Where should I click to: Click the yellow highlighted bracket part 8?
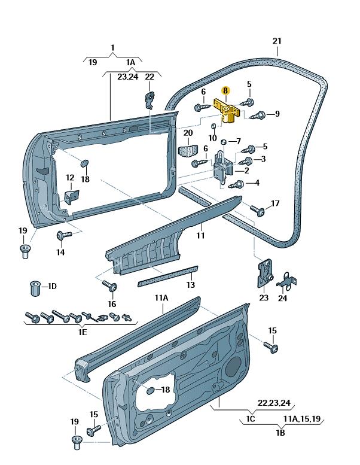227,111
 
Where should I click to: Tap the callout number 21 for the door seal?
276,41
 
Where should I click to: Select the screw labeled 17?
258,210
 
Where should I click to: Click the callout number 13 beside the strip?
190,285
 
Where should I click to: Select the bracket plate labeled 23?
263,273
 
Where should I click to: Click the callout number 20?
188,133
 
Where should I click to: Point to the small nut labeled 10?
213,127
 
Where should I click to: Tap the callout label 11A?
161,297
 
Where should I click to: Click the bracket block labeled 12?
71,196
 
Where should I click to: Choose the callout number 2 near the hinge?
246,171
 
